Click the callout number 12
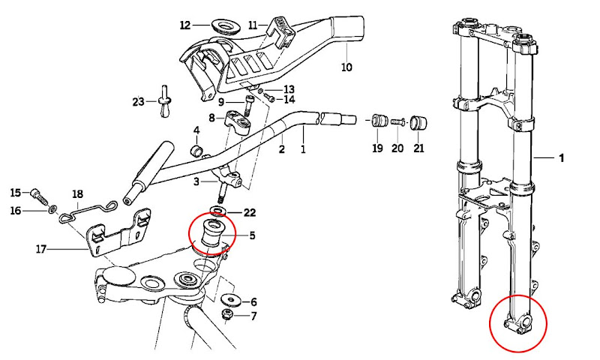point(185,25)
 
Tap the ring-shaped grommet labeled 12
point(226,27)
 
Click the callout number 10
point(346,67)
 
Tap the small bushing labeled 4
point(196,151)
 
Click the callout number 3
point(196,181)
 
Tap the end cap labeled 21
point(418,123)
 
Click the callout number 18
point(78,194)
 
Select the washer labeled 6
point(231,299)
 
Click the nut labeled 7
point(227,316)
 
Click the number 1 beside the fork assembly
point(561,158)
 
